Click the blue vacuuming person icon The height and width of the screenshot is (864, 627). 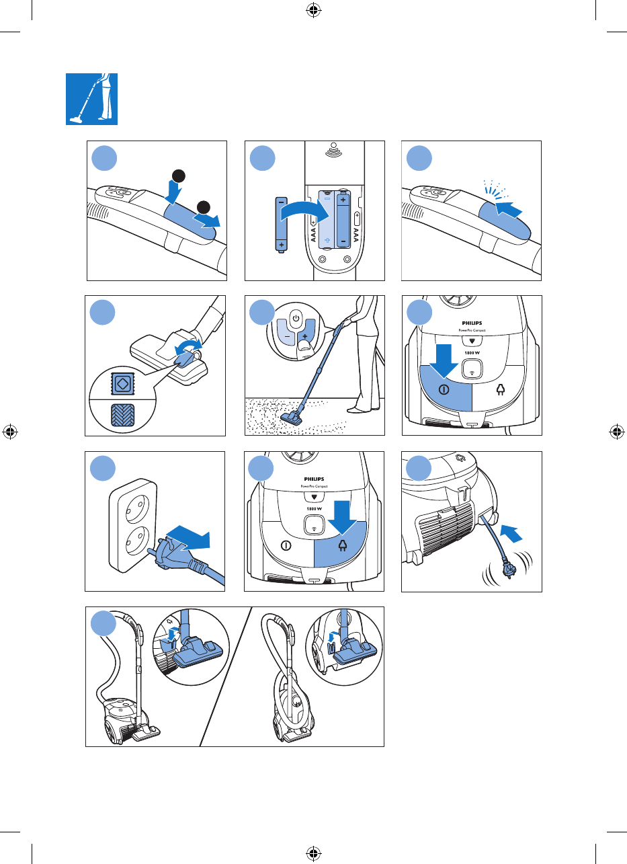[x=91, y=99]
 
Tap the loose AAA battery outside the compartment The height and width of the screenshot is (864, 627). [x=282, y=225]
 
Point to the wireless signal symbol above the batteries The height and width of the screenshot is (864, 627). [x=334, y=151]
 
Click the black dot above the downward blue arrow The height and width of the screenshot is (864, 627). [x=178, y=176]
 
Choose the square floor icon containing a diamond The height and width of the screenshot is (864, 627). [x=122, y=384]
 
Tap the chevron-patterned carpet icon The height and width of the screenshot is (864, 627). [x=122, y=415]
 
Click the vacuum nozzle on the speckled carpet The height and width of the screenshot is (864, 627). [x=292, y=418]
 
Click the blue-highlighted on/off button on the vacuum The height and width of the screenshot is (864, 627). [x=446, y=389]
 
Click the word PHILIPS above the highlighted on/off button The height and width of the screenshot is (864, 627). [x=472, y=323]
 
